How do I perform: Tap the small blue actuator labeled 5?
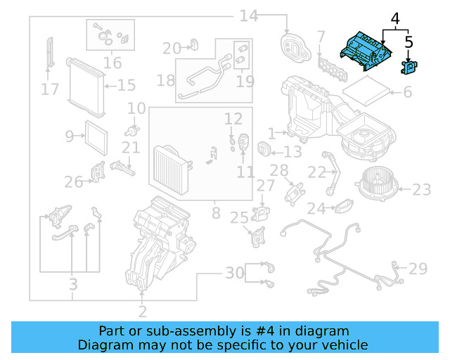[409, 67]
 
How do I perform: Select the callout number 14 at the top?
[249, 15]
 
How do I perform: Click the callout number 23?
[421, 189]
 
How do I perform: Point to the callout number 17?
[50, 89]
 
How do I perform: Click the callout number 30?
[234, 272]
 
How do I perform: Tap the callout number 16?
[112, 63]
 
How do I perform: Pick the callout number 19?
[245, 82]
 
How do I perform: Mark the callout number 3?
[72, 285]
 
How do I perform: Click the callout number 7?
[321, 35]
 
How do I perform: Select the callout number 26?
[74, 183]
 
